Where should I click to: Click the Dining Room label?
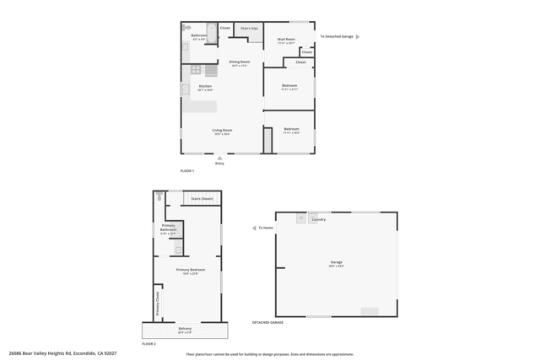tap(240, 62)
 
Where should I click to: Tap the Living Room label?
tap(222, 132)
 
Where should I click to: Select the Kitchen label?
tap(205, 87)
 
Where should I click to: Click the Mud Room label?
tap(286, 40)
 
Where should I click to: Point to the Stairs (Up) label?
tap(249, 29)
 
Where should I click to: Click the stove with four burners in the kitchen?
tap(196, 70)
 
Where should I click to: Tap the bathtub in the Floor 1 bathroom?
tap(212, 34)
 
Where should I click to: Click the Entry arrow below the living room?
tap(219, 158)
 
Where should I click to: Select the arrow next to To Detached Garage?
tap(358, 37)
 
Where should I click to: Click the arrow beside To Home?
tap(254, 228)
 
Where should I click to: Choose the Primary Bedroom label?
tap(190, 271)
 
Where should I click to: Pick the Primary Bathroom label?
tap(168, 228)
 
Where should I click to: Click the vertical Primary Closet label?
tap(158, 303)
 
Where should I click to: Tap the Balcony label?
tap(185, 329)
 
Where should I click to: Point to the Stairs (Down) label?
tap(202, 199)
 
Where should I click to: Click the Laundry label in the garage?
tap(318, 219)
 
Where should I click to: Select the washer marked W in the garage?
tap(300, 218)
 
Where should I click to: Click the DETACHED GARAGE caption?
tap(267, 322)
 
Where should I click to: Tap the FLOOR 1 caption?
tap(186, 171)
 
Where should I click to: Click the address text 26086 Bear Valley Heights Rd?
tap(62, 353)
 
